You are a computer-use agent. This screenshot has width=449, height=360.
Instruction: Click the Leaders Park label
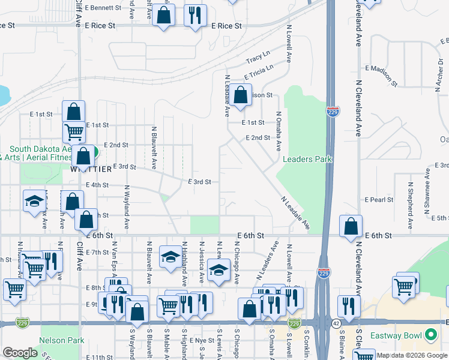pos(307,159)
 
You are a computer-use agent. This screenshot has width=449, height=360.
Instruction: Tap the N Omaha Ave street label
pos(279,130)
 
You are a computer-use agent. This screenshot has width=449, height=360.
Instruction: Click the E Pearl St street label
pos(379,199)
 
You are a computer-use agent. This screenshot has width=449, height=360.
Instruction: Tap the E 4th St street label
pos(97,185)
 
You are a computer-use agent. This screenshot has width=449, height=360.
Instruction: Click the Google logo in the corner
pos(20,353)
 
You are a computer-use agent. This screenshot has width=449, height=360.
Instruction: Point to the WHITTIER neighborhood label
pos(91,169)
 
